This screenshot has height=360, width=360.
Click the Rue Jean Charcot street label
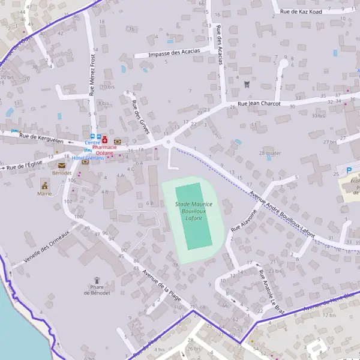pyautogui.click(x=259, y=103)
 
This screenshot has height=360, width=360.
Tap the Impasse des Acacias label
pyautogui.click(x=175, y=53)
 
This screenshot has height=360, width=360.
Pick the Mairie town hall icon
pyautogui.click(x=44, y=184)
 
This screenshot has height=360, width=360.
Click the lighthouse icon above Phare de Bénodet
pyautogui.click(x=97, y=280)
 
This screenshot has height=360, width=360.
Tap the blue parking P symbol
pyautogui.click(x=349, y=170)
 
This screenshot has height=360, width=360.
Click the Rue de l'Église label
pyautogui.click(x=24, y=165)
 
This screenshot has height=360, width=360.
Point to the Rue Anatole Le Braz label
pyautogui.click(x=270, y=289)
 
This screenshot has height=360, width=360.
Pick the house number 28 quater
pyautogui.click(x=270, y=153)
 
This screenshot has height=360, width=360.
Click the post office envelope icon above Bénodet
pyautogui.click(x=61, y=165)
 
